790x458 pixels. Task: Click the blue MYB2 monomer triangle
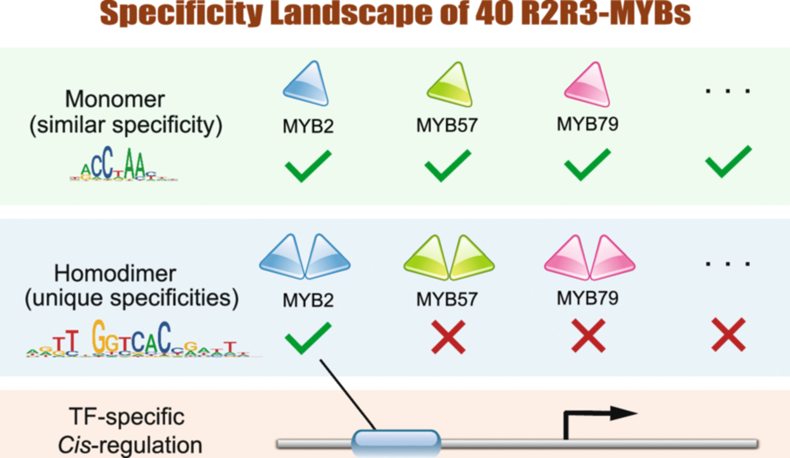click(306, 84)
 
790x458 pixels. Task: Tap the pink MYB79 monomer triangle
click(588, 86)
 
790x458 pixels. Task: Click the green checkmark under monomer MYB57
click(447, 166)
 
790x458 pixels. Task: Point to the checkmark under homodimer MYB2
click(308, 337)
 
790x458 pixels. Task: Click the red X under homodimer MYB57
click(448, 337)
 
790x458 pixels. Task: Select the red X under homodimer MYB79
click(588, 336)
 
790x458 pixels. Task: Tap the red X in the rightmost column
click(728, 335)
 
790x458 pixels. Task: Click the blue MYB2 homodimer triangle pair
click(305, 258)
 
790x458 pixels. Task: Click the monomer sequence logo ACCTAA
click(123, 165)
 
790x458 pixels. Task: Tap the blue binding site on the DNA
click(396, 442)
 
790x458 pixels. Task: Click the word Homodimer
click(115, 274)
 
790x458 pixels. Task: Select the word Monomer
click(115, 99)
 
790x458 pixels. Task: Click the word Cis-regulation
click(130, 445)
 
